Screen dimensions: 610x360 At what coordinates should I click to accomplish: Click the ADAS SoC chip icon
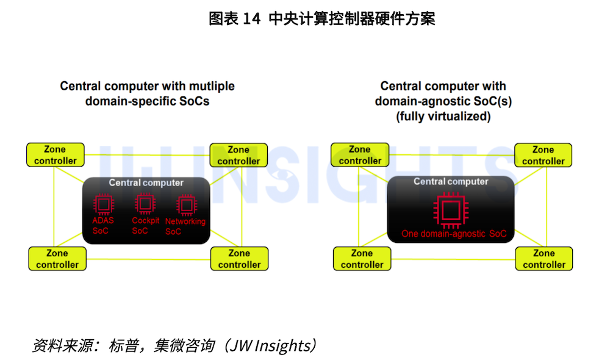point(103,204)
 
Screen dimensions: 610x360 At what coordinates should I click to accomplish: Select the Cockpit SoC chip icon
point(145,204)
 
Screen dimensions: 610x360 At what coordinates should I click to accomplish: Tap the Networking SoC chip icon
point(185,204)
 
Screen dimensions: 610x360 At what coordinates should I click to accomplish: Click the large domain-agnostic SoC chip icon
point(450,211)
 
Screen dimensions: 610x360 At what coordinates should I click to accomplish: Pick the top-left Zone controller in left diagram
point(55,155)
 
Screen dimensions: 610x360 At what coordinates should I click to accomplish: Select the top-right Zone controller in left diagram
point(239,155)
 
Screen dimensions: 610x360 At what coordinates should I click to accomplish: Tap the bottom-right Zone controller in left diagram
point(239,259)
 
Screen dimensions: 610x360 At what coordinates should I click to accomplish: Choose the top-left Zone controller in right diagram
point(359,155)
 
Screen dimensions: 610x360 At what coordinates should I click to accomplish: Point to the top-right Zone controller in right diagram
point(543,155)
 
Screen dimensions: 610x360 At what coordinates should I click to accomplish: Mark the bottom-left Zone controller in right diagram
point(362,259)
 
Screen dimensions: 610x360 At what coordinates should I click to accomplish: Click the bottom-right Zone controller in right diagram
point(544,259)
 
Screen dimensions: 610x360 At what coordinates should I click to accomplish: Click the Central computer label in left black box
point(146,182)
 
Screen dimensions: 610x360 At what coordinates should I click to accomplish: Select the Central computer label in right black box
point(451,181)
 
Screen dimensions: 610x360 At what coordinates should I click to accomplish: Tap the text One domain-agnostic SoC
point(453,234)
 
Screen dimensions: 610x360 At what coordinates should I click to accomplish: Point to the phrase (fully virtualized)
point(443,116)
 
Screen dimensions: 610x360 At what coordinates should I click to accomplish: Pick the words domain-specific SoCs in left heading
point(147,101)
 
